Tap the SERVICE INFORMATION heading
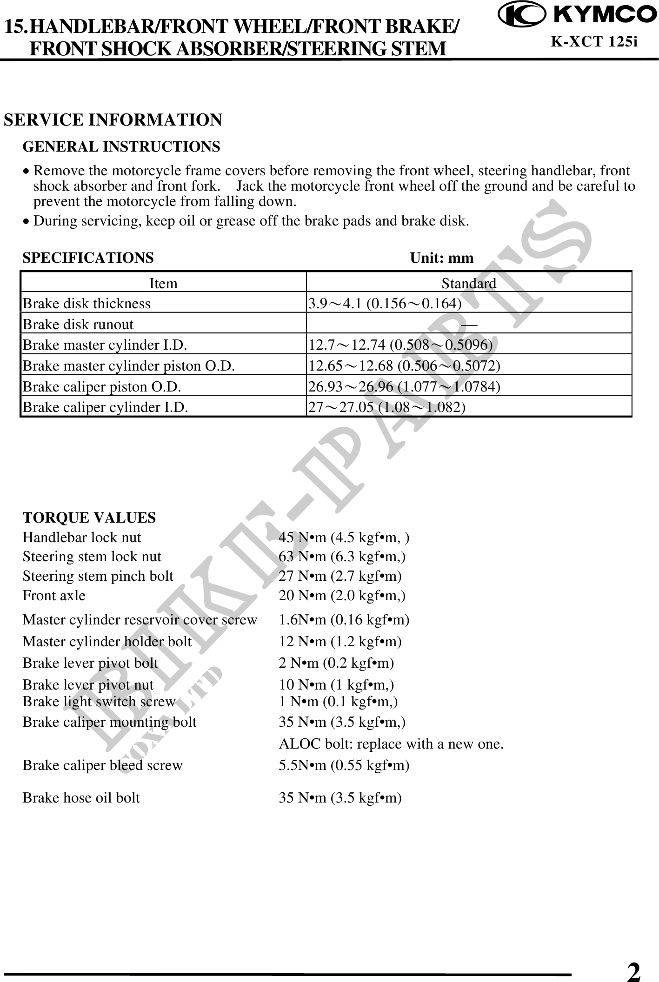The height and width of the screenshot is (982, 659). pyautogui.click(x=113, y=120)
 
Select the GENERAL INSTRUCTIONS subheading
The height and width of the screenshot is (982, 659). pyautogui.click(x=121, y=147)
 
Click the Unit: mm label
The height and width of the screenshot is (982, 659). pyautogui.click(x=441, y=258)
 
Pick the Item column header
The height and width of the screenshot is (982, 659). pyautogui.click(x=163, y=283)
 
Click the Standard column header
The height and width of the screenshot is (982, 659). pyautogui.click(x=468, y=283)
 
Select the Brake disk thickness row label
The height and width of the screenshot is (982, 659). pyautogui.click(x=87, y=304)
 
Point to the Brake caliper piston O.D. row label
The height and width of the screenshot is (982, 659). pyautogui.click(x=102, y=386)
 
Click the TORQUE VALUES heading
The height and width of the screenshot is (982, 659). pyautogui.click(x=89, y=518)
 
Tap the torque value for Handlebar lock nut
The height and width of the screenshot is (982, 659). pyautogui.click(x=344, y=538)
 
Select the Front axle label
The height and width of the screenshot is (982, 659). pyautogui.click(x=54, y=596)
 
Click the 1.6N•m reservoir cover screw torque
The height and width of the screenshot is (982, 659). pyautogui.click(x=344, y=620)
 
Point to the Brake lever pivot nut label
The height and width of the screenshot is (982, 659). pyautogui.click(x=88, y=684)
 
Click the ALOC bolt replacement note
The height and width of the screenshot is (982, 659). pyautogui.click(x=391, y=744)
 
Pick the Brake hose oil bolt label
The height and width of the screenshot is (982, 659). pyautogui.click(x=81, y=798)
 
